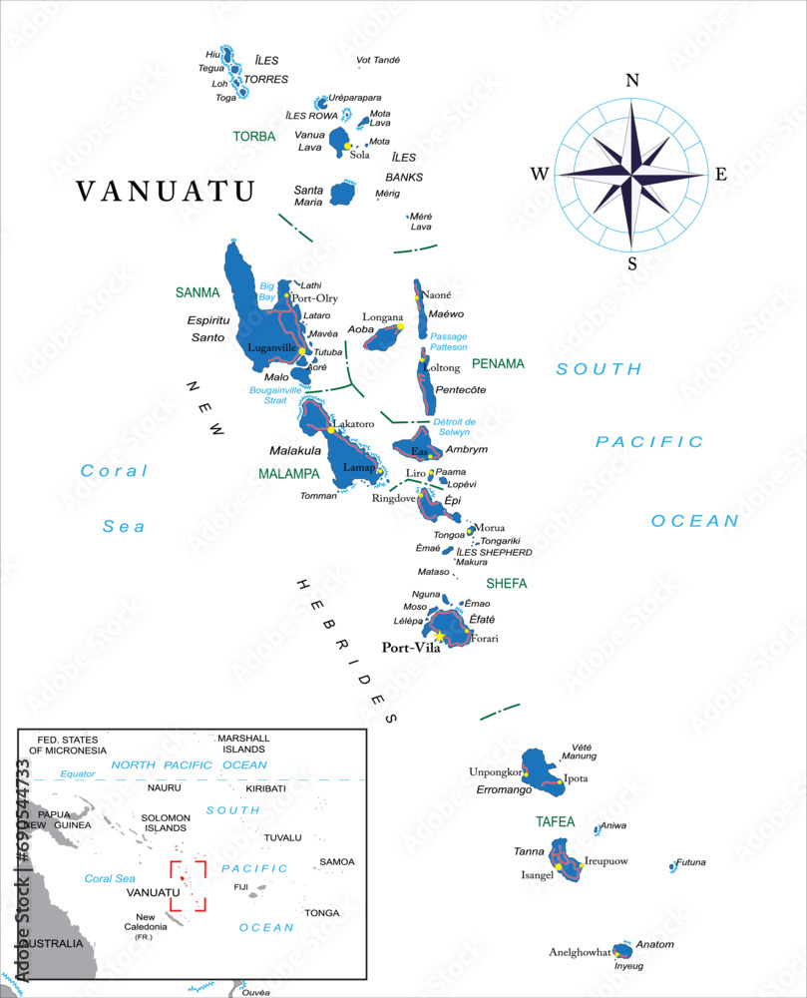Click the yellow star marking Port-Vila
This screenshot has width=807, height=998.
point(439,635)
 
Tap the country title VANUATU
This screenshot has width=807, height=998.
point(167,192)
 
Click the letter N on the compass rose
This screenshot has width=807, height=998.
point(631,81)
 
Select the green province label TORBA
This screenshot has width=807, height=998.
point(254,137)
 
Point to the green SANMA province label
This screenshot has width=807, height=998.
point(197,292)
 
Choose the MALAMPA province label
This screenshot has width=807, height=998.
point(289,473)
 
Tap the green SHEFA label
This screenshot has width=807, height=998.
point(506,583)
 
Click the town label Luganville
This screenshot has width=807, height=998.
point(274,348)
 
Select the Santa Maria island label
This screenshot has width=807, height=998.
point(308,196)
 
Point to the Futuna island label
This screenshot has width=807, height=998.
point(691,862)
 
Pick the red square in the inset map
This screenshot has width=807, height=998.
point(188,885)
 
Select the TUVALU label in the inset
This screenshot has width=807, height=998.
point(282,837)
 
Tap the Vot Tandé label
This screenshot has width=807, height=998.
point(378,60)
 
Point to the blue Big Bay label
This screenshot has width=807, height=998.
point(266,291)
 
